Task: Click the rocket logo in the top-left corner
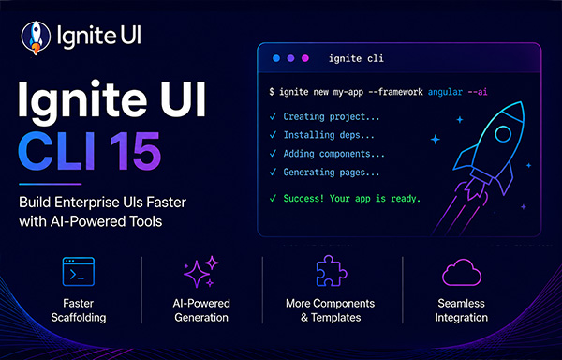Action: click(x=36, y=37)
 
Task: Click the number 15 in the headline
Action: click(x=136, y=151)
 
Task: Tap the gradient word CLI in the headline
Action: click(x=56, y=151)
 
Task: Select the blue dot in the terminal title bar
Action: click(x=276, y=58)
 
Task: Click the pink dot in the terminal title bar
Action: click(x=305, y=58)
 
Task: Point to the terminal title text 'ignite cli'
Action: click(x=356, y=58)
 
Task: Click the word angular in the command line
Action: click(x=445, y=92)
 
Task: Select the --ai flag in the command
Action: click(x=478, y=92)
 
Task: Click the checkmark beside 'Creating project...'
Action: click(x=273, y=116)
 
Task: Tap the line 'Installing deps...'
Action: click(x=329, y=135)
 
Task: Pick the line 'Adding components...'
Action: click(x=334, y=154)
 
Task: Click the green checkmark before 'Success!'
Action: click(x=273, y=199)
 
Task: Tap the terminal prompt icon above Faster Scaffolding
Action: click(x=79, y=272)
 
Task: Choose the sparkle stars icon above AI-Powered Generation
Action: click(x=201, y=272)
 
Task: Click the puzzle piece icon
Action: click(x=332, y=271)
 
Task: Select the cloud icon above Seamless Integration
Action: click(x=462, y=273)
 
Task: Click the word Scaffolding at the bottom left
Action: click(x=79, y=318)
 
